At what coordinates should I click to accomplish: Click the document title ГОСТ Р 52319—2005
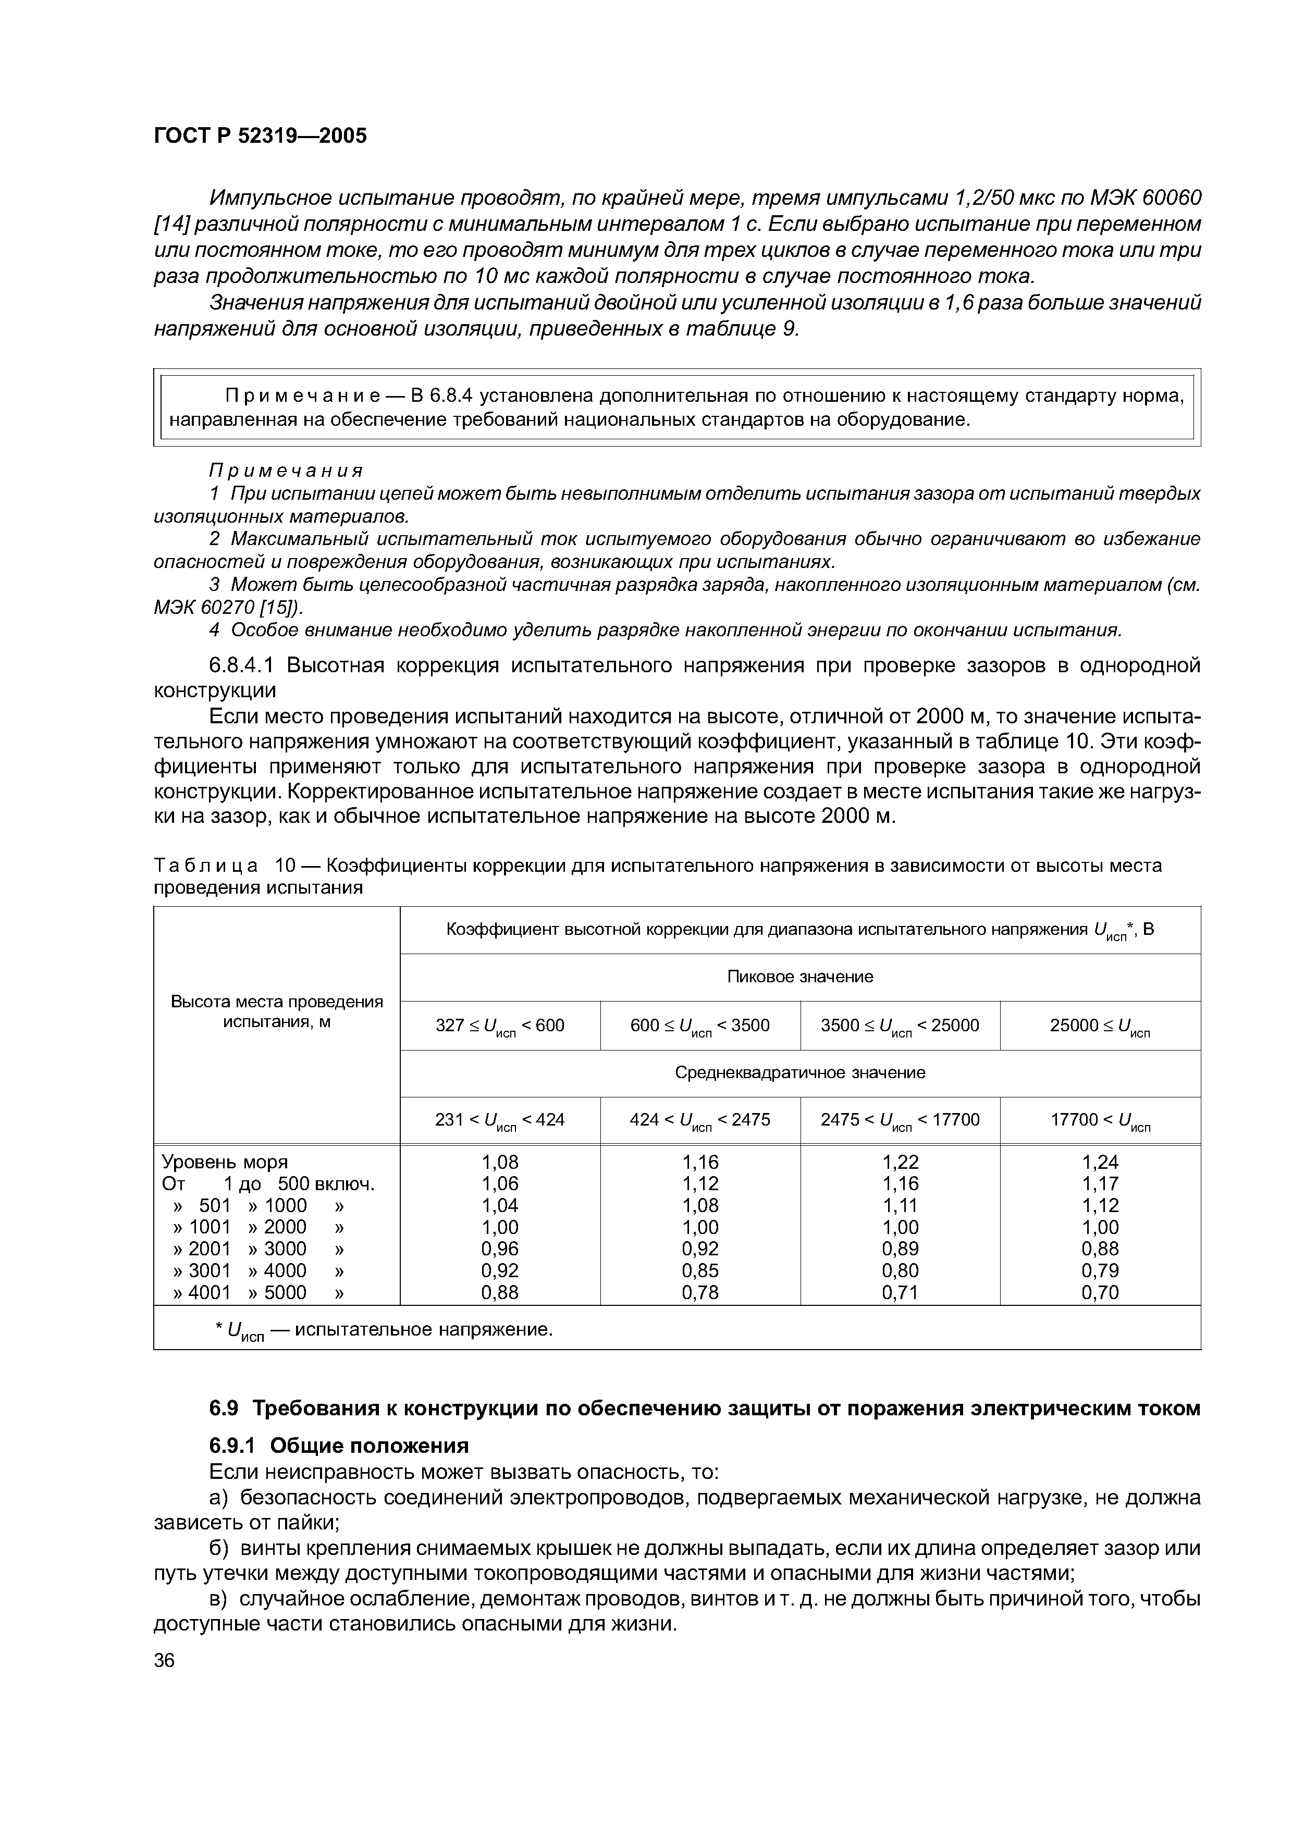click(x=260, y=136)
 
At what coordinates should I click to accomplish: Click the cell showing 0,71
click(x=900, y=1293)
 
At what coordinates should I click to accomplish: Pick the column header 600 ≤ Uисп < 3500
click(x=700, y=1026)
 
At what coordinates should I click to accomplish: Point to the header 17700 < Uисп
click(x=1099, y=1121)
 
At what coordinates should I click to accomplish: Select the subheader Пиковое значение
click(x=799, y=977)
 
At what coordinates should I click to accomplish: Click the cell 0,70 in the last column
click(x=1099, y=1293)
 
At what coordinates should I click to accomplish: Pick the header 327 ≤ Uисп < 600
click(x=499, y=1026)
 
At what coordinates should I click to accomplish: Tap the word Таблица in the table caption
click(x=205, y=866)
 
